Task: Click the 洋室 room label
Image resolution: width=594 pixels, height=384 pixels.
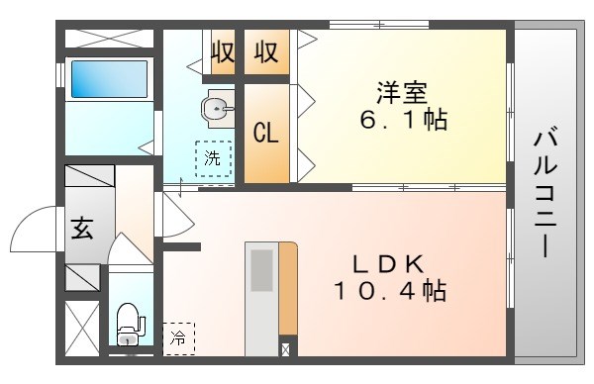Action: pyautogui.click(x=401, y=92)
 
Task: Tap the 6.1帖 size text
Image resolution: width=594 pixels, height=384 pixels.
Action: pyautogui.click(x=403, y=122)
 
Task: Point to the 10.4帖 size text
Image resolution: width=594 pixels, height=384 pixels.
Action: pyautogui.click(x=388, y=292)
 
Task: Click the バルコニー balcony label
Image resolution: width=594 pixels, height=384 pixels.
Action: pyautogui.click(x=545, y=193)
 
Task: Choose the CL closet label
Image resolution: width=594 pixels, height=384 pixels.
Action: pyautogui.click(x=266, y=133)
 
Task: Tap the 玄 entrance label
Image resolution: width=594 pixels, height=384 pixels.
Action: pyautogui.click(x=82, y=228)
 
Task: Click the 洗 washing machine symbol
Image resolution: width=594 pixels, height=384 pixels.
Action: pyautogui.click(x=213, y=158)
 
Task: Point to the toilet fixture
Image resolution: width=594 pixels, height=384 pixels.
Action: pyautogui.click(x=130, y=323)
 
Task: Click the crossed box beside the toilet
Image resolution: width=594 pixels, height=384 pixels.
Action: pyautogui.click(x=81, y=327)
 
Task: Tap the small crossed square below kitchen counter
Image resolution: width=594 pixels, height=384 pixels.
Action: pyautogui.click(x=286, y=348)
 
